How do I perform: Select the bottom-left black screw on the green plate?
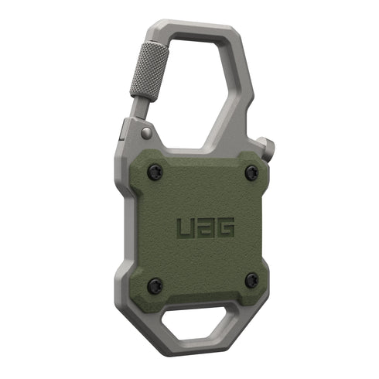[x=155, y=284]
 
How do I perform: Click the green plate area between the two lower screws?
[x=203, y=282]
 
